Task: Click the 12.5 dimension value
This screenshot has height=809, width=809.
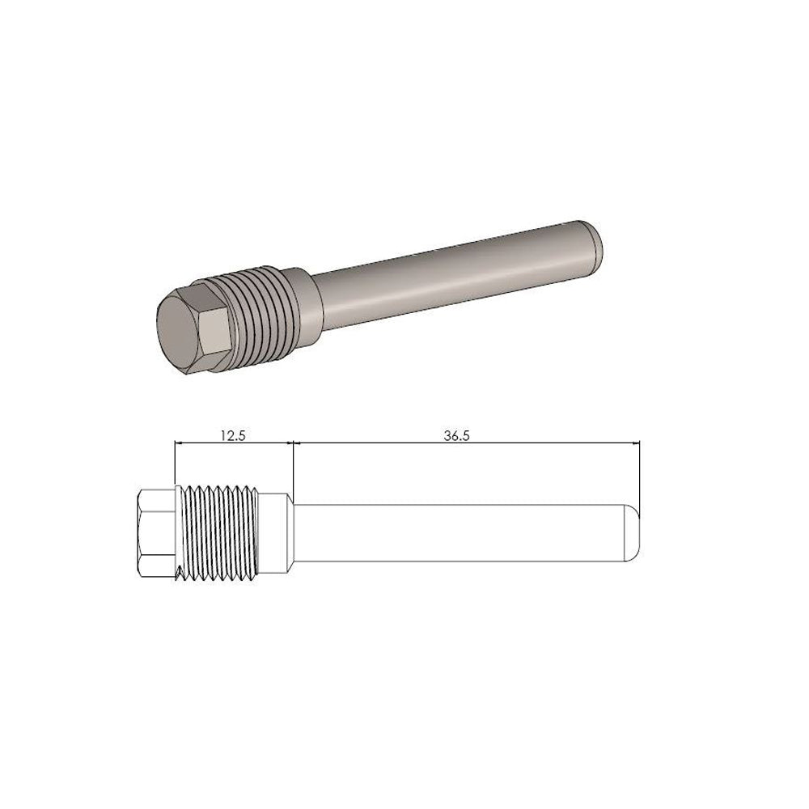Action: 232,434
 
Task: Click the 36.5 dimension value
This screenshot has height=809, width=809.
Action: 457,434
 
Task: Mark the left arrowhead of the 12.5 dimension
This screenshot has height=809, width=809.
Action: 179,443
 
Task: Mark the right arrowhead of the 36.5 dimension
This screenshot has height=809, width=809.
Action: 635,443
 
